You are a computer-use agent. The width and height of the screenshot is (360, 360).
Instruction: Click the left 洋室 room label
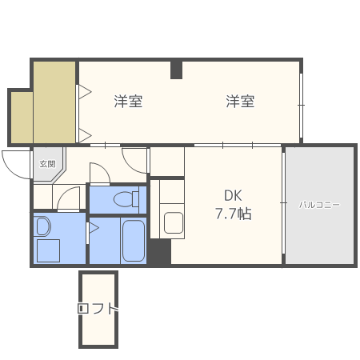128,102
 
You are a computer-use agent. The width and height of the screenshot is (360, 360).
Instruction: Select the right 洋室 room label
240,102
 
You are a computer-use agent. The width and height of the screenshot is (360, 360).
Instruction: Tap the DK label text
233,195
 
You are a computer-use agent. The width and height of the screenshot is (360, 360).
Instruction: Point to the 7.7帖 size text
234,214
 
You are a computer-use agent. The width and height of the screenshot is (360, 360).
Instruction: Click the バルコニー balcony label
319,205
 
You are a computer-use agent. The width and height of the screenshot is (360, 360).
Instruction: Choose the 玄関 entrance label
48,163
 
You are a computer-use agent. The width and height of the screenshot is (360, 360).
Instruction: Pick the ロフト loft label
98,309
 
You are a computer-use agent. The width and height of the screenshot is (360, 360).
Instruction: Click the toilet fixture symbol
126,199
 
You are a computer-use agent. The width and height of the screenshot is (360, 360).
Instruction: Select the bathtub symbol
134,241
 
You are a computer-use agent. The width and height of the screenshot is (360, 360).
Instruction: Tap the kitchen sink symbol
174,222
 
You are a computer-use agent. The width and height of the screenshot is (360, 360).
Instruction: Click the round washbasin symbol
43,226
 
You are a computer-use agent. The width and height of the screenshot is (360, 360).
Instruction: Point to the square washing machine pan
48,250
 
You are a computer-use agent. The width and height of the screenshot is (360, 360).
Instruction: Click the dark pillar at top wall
176,70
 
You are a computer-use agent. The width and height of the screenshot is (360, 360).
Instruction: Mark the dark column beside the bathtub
159,251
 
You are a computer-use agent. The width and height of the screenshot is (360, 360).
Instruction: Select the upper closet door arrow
85,92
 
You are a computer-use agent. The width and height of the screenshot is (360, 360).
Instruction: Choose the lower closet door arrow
85,135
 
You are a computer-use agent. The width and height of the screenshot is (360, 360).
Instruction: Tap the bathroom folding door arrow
94,228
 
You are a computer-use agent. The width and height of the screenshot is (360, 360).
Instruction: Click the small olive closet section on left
22,118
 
